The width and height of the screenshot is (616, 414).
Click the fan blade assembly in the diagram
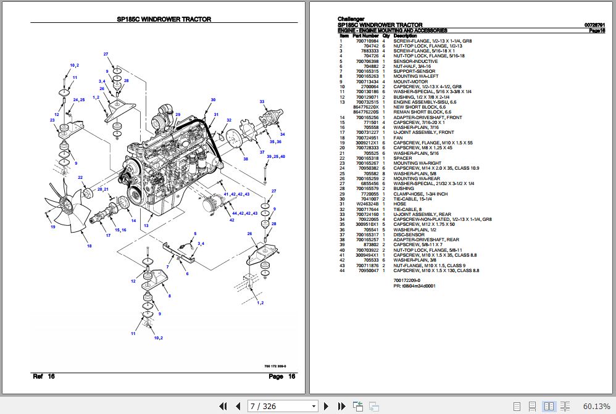[69, 207]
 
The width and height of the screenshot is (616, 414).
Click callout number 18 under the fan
[89, 246]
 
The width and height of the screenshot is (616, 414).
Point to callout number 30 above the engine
[213, 100]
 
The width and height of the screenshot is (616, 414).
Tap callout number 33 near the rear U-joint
[262, 101]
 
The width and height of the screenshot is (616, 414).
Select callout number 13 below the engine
[146, 226]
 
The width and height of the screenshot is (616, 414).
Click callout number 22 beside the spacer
[80, 178]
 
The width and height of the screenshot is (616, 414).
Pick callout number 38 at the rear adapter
[246, 159]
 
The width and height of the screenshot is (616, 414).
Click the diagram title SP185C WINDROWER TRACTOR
[164, 19]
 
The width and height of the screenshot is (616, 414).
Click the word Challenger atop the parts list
[351, 19]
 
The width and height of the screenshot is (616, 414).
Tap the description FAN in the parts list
[398, 138]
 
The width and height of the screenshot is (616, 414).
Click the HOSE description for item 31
[400, 204]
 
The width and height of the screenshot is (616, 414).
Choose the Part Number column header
[365, 36]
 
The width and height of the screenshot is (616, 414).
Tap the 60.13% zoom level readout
[596, 406]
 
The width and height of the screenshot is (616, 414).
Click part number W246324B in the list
[367, 204]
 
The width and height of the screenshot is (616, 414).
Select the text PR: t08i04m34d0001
[414, 286]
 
